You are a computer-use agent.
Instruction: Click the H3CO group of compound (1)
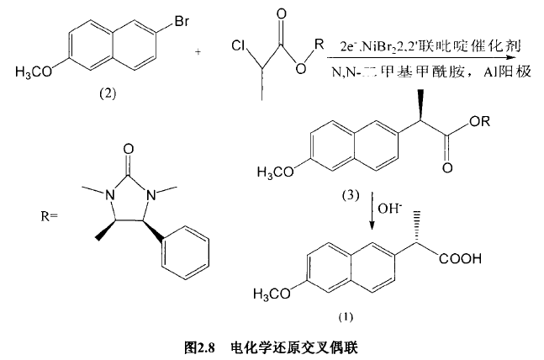click(x=273, y=290)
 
